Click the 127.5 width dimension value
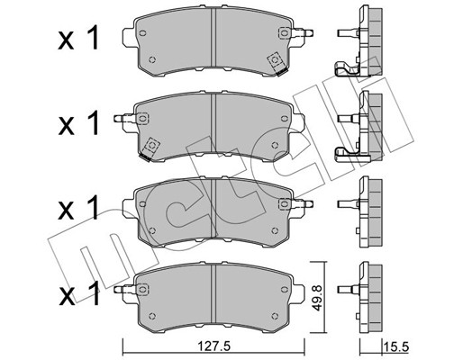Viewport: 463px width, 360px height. point(213,346)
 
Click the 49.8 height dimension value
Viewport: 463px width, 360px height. point(318,298)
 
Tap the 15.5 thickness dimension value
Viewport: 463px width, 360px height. point(396,347)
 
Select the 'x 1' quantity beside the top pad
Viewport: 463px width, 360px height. point(78,38)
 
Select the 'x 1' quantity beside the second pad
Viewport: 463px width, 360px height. point(78,122)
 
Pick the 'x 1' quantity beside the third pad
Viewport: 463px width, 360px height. point(78,208)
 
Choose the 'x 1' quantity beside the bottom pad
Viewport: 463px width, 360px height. point(78,293)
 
